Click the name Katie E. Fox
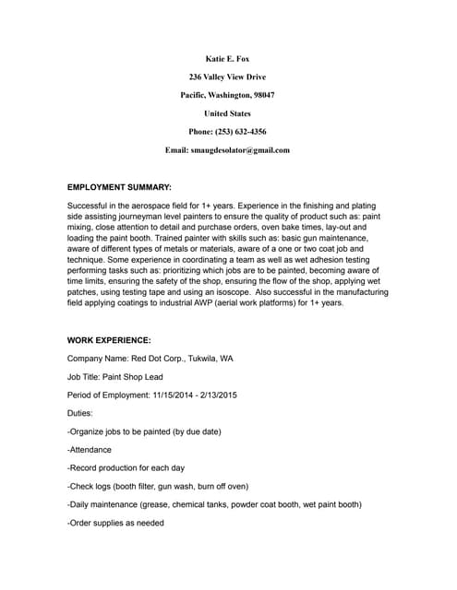click(227, 59)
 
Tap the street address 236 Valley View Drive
click(227, 77)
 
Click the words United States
click(227, 113)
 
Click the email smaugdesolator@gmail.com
click(245, 149)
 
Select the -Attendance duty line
click(90, 450)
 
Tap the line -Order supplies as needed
click(116, 523)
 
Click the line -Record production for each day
click(127, 468)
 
